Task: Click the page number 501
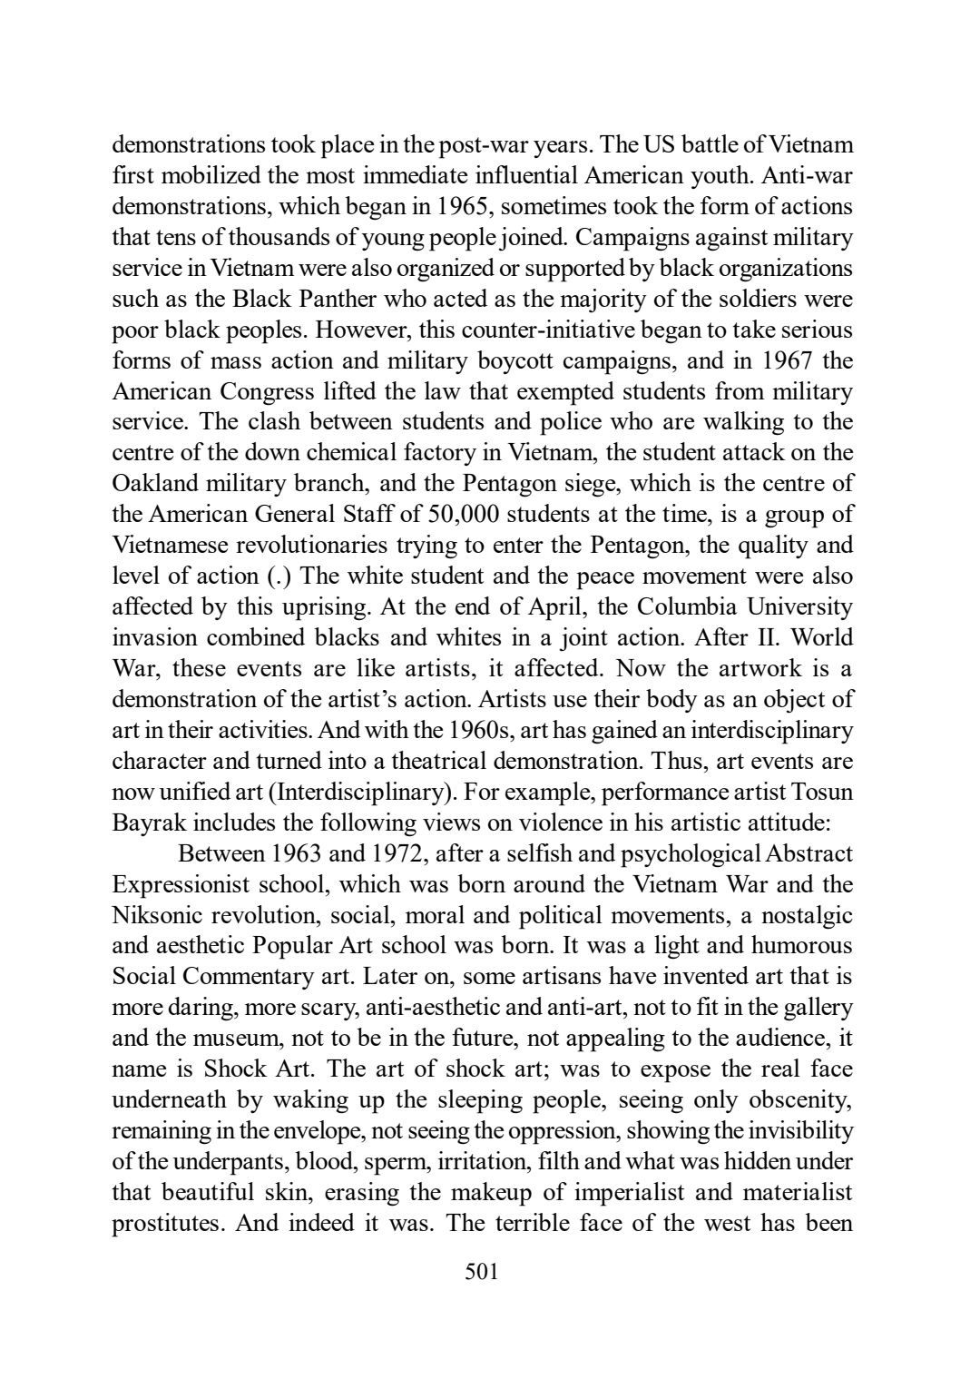pos(481,1273)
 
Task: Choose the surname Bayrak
pos(148,823)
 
